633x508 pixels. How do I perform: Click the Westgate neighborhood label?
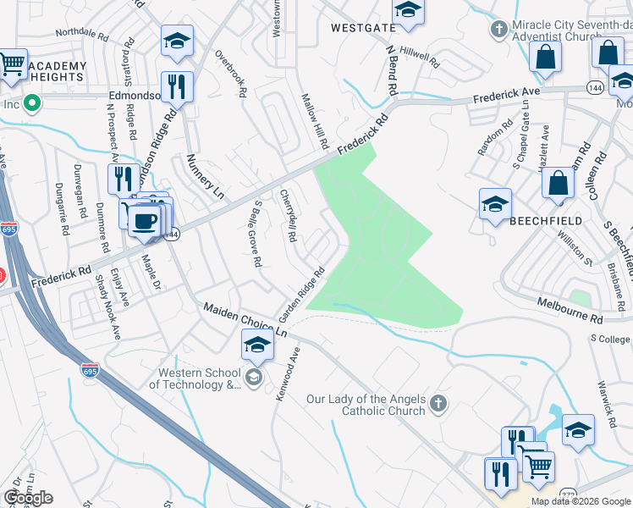tap(363, 27)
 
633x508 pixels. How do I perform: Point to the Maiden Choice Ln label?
tap(245, 320)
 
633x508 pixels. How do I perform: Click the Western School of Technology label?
tap(195, 378)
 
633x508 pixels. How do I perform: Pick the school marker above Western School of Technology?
tap(257, 345)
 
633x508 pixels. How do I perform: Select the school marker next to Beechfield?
tap(495, 204)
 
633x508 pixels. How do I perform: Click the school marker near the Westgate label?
tap(408, 11)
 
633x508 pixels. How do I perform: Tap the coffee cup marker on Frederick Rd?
tap(145, 220)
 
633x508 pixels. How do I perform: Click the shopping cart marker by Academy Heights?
tap(12, 65)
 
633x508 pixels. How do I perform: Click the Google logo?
tap(28, 498)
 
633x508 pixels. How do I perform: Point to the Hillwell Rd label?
tap(421, 58)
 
